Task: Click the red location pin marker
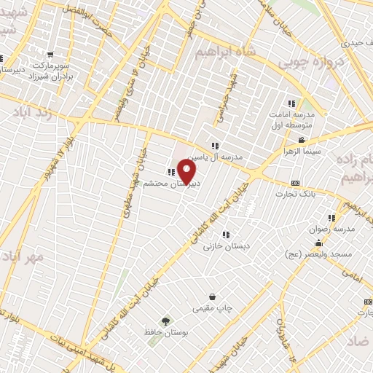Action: pyautogui.click(x=186, y=171)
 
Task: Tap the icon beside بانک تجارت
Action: pyautogui.click(x=294, y=183)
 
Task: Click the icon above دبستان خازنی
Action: pyautogui.click(x=226, y=235)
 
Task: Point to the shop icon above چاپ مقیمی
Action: pyautogui.click(x=212, y=297)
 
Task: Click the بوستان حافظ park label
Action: pyautogui.click(x=166, y=332)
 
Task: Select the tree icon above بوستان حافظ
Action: pyautogui.click(x=166, y=321)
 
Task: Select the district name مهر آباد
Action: pyautogui.click(x=22, y=256)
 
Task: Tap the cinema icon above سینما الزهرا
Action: pyautogui.click(x=301, y=141)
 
